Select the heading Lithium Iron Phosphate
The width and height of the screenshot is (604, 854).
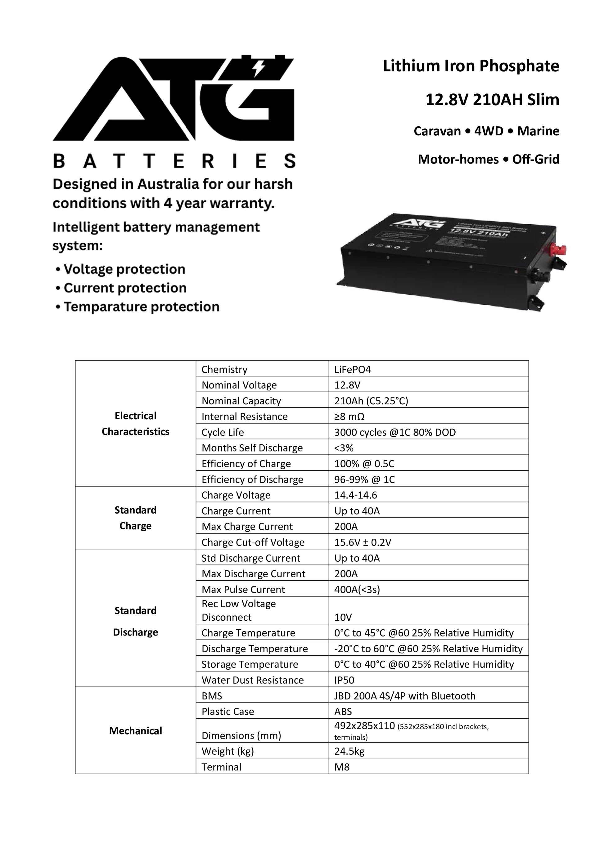coord(471,66)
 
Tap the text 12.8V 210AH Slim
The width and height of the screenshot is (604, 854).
coord(492,100)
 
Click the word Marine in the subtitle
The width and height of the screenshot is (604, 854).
coord(538,131)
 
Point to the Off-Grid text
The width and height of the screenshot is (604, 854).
coord(536,159)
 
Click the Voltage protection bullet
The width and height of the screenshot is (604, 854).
coord(124,269)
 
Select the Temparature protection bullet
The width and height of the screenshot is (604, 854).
coord(141,307)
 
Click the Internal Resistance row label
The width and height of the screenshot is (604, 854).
coord(244,416)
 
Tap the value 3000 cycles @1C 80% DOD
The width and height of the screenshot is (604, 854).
coord(394,432)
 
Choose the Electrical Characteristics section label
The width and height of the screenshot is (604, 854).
coord(135,424)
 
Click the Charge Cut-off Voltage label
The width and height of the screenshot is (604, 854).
coord(253,542)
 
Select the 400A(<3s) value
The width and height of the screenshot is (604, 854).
coord(357,590)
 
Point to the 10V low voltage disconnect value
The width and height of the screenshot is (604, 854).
coord(343,618)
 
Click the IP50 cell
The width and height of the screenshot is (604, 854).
coord(344,680)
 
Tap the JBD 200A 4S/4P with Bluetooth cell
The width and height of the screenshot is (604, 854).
coord(405,696)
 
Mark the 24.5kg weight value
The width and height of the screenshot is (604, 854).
coord(349,751)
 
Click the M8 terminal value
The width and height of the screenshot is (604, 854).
coord(342,767)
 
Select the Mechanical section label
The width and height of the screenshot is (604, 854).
coord(135,731)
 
